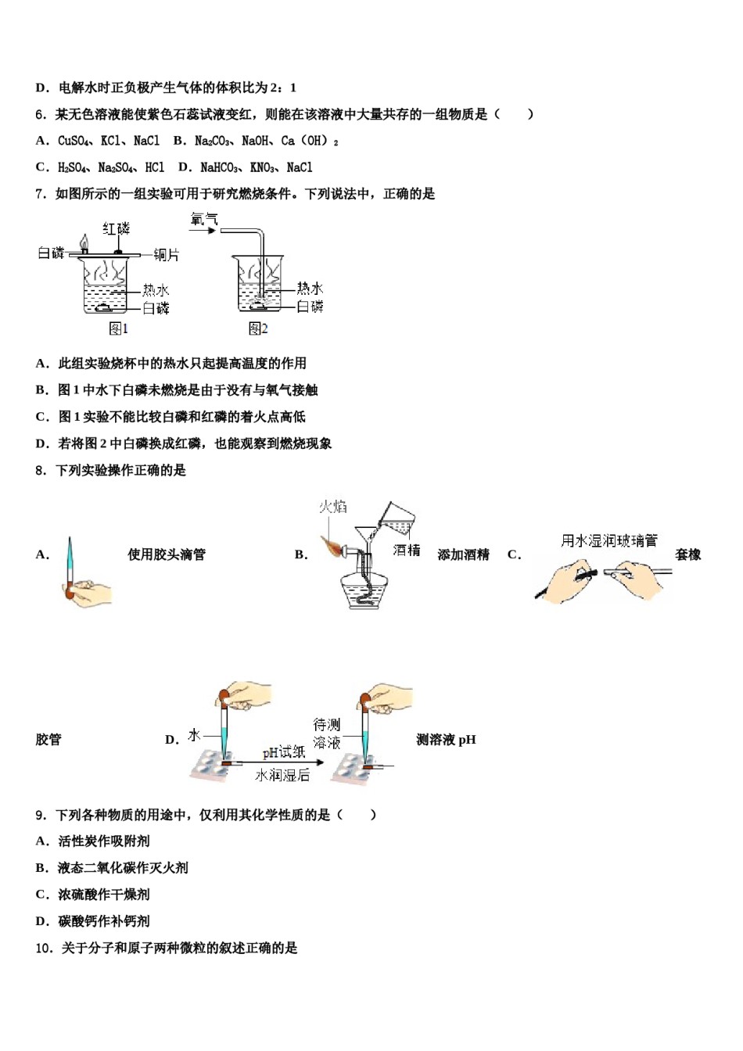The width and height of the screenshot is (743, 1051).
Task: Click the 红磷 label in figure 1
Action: click(x=117, y=228)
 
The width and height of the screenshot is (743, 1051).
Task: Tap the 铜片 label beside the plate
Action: click(x=166, y=254)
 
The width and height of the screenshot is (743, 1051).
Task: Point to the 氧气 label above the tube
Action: click(x=203, y=220)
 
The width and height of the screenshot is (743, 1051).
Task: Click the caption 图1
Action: click(x=118, y=329)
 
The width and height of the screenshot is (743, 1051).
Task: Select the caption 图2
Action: click(x=258, y=329)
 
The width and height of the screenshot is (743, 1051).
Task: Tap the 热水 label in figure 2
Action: click(x=310, y=289)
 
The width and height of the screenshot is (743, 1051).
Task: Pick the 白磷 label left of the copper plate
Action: click(x=51, y=253)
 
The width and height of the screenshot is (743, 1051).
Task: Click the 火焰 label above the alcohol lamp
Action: click(x=332, y=507)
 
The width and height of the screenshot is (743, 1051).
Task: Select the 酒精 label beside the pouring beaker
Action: click(x=407, y=551)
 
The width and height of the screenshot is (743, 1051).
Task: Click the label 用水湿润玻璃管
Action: click(x=609, y=540)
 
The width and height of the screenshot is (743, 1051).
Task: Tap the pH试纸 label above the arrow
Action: click(x=284, y=752)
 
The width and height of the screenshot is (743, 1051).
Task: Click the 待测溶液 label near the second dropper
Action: click(x=327, y=734)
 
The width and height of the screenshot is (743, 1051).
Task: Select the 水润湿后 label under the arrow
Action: click(x=282, y=775)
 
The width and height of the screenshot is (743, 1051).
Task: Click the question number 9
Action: click(x=41, y=815)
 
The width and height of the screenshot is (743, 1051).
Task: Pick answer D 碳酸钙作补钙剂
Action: click(x=93, y=921)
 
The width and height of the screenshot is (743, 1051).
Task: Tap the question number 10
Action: click(x=44, y=948)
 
